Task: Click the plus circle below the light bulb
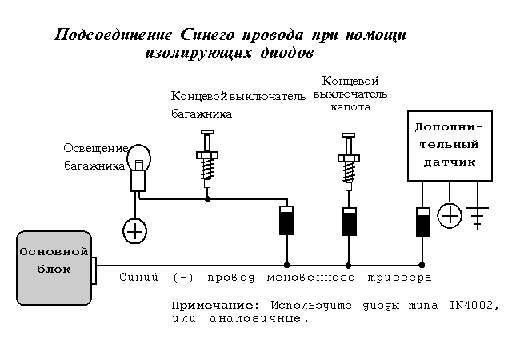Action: point(134,231)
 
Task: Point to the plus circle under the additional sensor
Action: point(450,216)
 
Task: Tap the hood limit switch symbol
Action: point(348,160)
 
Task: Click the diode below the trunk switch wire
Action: point(286,221)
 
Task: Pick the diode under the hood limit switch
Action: point(348,221)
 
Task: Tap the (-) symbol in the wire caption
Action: point(182,278)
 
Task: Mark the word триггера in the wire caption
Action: point(399,278)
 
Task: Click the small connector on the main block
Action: point(94,270)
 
